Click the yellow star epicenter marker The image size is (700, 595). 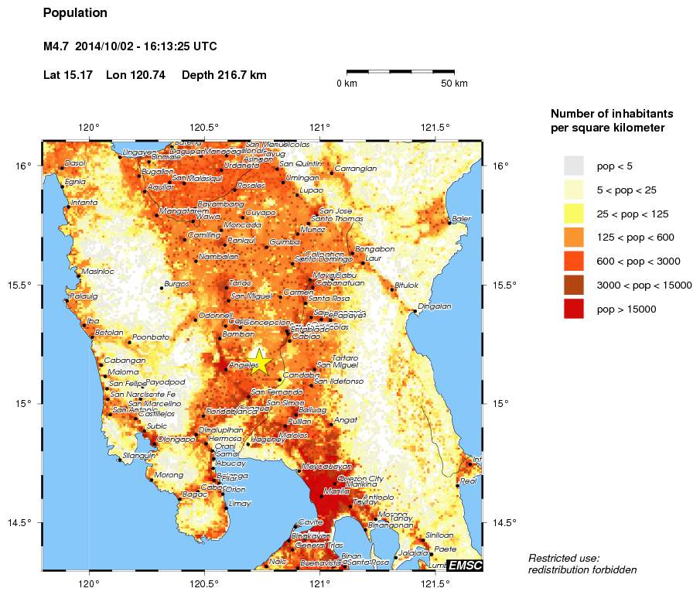click(260, 361)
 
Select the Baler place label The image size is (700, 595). click(462, 219)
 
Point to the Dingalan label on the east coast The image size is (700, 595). click(434, 306)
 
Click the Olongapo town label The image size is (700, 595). click(176, 439)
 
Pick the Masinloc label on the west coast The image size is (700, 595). click(98, 272)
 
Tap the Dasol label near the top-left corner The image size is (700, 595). click(75, 163)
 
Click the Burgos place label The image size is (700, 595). click(176, 284)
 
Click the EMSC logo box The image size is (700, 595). click(465, 566)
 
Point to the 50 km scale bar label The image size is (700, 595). click(453, 84)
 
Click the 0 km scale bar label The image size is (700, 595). click(347, 84)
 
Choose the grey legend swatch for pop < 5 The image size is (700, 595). click(573, 166)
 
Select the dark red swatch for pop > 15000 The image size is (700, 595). click(573, 309)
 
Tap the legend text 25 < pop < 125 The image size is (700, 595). click(632, 214)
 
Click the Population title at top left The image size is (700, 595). click(75, 13)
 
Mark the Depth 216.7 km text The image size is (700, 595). click(224, 75)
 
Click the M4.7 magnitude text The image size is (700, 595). click(57, 46)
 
